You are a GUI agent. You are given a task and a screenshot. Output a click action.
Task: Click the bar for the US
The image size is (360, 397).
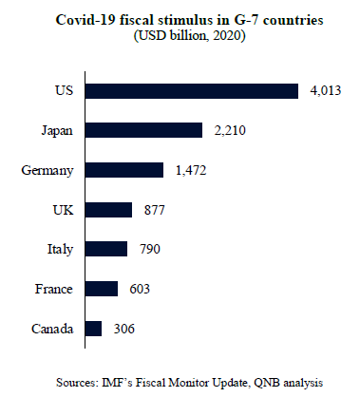click(192, 91)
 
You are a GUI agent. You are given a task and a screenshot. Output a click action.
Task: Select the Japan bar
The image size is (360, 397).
click(143, 130)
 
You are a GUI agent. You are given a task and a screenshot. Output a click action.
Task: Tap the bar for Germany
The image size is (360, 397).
click(124, 170)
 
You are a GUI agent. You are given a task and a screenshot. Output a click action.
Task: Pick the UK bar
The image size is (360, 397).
click(108, 210)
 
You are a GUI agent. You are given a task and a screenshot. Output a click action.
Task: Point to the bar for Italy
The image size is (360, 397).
click(106, 249)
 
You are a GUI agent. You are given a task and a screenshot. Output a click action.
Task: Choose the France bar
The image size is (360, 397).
click(102, 289)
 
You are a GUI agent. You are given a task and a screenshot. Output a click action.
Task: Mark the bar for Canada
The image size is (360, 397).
click(93, 329)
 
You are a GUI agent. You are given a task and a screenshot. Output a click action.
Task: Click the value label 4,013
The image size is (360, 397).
click(326, 91)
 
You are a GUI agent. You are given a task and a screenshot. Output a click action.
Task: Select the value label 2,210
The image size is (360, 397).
click(230, 130)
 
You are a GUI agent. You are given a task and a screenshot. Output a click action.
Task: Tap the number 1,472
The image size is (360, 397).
click(191, 170)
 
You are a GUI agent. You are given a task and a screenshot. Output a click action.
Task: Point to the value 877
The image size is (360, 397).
click(155, 210)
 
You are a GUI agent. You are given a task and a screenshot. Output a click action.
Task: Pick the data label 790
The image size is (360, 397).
click(150, 249)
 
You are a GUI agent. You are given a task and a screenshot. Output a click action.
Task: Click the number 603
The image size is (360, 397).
click(140, 289)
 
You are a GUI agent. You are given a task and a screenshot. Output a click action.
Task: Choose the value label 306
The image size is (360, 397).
click(124, 329)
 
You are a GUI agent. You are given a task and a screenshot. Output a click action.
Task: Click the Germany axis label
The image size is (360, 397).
click(47, 171)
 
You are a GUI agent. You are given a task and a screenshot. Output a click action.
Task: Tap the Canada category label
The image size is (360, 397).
click(52, 329)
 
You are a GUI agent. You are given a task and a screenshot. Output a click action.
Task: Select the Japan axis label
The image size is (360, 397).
click(57, 131)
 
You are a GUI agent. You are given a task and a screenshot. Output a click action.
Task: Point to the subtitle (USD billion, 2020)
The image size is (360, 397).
click(189, 35)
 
